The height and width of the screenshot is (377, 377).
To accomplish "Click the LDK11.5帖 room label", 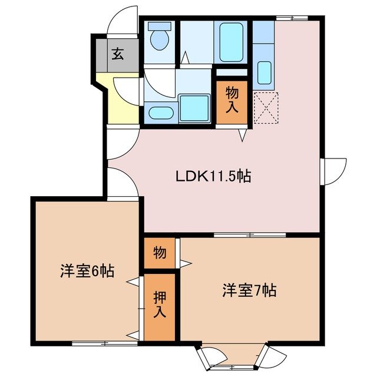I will click(213, 176).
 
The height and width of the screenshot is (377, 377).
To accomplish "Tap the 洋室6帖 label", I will click(87, 272).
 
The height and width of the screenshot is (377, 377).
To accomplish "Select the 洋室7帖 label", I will click(249, 290).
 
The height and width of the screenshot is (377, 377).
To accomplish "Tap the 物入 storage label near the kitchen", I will click(233, 99).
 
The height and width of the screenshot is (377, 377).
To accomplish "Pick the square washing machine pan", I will click(194, 107).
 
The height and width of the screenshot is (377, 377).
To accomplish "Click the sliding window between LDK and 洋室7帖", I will click(250, 235).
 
